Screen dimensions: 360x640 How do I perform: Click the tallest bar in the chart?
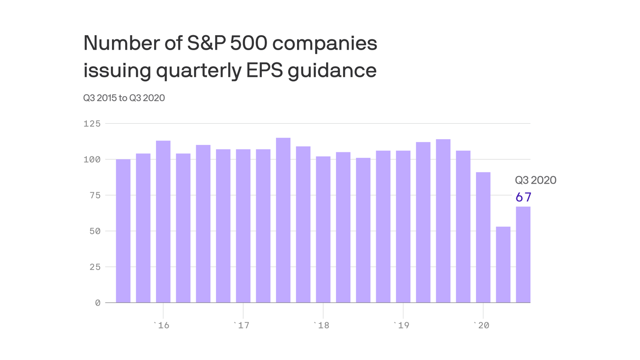tap(283, 220)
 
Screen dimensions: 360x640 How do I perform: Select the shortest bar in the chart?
tap(503, 265)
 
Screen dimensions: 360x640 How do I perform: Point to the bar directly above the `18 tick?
tap(323, 230)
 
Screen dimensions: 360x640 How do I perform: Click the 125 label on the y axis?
tap(92, 124)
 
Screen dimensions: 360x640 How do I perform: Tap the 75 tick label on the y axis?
tap(95, 195)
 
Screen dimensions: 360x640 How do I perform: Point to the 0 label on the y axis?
tap(98, 303)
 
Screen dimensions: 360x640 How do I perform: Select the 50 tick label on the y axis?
tap(95, 231)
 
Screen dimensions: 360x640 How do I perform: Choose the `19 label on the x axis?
tap(401, 325)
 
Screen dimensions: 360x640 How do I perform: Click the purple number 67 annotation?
tap(523, 197)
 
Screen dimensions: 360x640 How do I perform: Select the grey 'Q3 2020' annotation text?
tap(536, 180)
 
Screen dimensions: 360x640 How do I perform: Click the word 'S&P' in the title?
tap(206, 43)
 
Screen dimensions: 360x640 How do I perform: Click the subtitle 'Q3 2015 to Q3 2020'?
tap(124, 98)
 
